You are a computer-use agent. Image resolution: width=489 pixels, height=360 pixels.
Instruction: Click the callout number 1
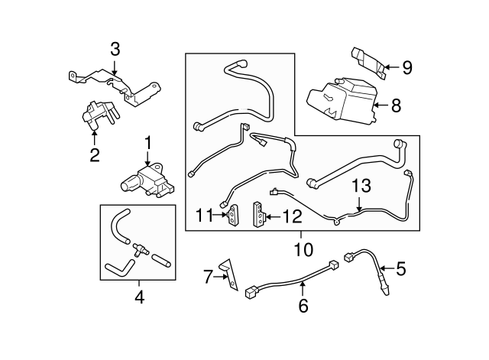(147, 143)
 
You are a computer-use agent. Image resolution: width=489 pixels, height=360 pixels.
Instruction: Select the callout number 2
(94, 157)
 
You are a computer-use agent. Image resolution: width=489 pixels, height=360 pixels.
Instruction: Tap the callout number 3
(115, 50)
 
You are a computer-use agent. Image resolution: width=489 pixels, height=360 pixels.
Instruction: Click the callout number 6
(303, 306)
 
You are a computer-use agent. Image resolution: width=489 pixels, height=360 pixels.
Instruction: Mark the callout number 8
(396, 106)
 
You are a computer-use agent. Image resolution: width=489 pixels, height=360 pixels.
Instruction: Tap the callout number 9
(406, 68)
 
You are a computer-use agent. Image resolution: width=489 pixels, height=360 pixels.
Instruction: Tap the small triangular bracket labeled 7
(228, 271)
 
